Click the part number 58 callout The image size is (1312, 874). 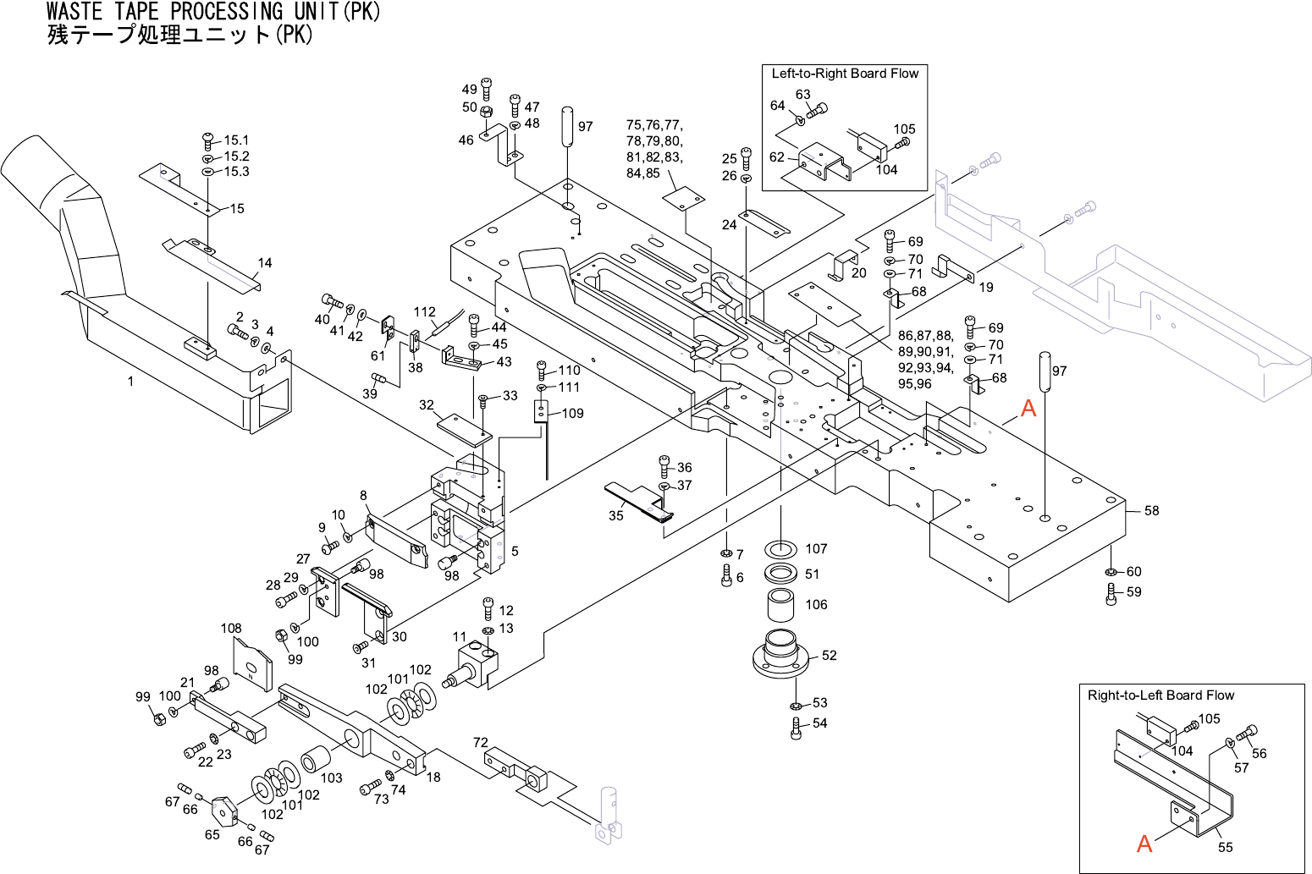[x=1151, y=511]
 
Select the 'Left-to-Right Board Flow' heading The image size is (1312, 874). [x=845, y=74]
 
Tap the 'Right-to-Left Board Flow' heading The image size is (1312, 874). [x=1160, y=695]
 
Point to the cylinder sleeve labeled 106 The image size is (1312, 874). [x=780, y=606]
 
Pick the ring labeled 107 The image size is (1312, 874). [x=780, y=548]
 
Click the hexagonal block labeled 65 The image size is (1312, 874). [x=223, y=810]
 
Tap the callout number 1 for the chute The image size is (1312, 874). [x=130, y=382]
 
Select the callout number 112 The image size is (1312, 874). [x=424, y=312]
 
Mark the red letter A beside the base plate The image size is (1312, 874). [x=1028, y=409]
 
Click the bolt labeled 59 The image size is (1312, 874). [x=1111, y=593]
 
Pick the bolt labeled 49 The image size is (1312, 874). [x=486, y=87]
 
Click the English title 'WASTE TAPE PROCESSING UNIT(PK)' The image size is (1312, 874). [x=213, y=12]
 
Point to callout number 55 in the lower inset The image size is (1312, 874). [x=1225, y=847]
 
